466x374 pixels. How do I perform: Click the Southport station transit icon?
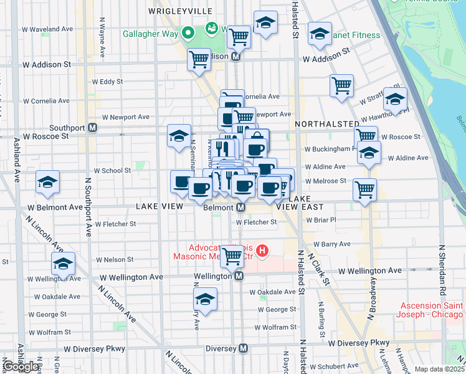(92, 128)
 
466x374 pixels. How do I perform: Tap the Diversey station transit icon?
(243, 348)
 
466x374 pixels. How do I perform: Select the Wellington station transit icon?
(239, 276)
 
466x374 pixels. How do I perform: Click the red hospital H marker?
(262, 251)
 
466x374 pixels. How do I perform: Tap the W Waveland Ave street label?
(46, 29)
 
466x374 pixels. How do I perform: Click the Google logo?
(21, 367)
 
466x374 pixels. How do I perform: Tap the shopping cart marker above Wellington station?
(232, 256)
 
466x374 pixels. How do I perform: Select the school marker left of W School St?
(48, 182)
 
